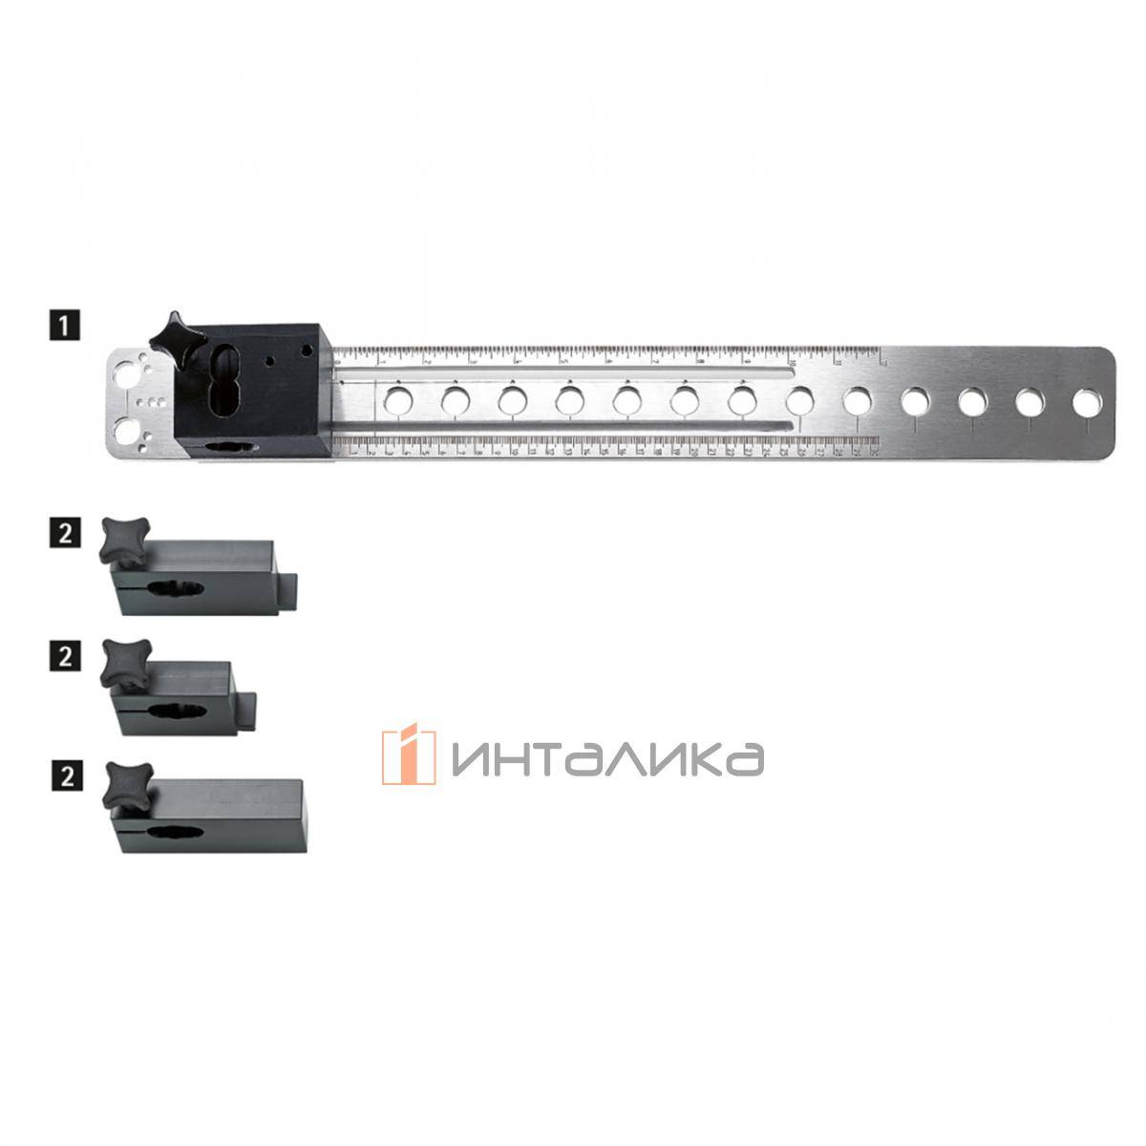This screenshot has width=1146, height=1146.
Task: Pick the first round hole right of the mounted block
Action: pyautogui.click(x=397, y=400)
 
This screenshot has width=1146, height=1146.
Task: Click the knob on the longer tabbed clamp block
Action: pyautogui.click(x=123, y=536)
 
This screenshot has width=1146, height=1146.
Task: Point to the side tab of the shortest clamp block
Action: pyautogui.click(x=250, y=710)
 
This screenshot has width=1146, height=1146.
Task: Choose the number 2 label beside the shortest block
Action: pyautogui.click(x=64, y=656)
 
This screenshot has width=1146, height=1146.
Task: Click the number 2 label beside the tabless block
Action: pyautogui.click(x=64, y=775)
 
